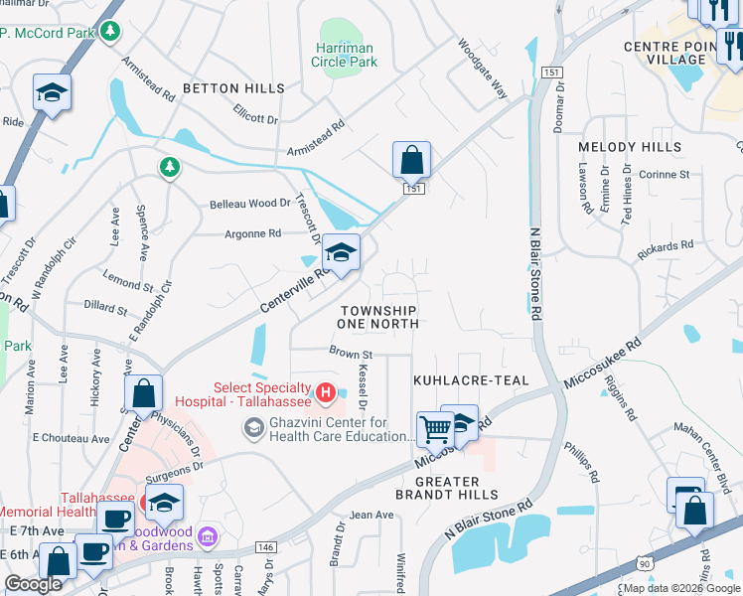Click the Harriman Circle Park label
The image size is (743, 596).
[x=345, y=55]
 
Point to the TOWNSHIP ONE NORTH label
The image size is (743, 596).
[x=377, y=318]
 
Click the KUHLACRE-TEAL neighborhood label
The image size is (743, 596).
[x=471, y=380]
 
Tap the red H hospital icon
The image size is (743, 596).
[x=324, y=394]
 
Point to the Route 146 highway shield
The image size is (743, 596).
[x=265, y=546]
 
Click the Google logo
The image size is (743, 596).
[x=33, y=584]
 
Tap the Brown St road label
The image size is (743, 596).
[x=351, y=353]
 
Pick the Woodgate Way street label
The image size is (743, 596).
[x=483, y=70]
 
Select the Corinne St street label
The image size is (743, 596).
[x=665, y=174]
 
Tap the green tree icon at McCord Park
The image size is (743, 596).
[x=111, y=33]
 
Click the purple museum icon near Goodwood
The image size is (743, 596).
[x=207, y=537]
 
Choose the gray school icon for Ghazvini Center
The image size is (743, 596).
[x=253, y=428]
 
